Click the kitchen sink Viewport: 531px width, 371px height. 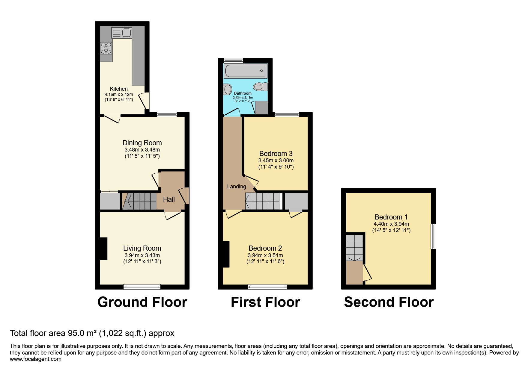pyautogui.click(x=121, y=32)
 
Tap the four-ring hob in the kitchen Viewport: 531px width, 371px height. pyautogui.click(x=106, y=48)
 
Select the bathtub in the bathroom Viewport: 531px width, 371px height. pyautogui.click(x=245, y=71)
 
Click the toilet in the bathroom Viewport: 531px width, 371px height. pyautogui.click(x=260, y=87)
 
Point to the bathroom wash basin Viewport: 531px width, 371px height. pyautogui.click(x=228, y=89)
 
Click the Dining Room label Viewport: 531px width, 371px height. pyautogui.click(x=142, y=143)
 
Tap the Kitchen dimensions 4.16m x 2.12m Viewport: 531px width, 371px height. pyautogui.click(x=119, y=94)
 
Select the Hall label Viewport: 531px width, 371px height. pyautogui.click(x=169, y=199)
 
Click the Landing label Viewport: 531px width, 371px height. pyautogui.click(x=236, y=187)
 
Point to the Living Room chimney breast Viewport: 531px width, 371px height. pyautogui.click(x=103, y=249)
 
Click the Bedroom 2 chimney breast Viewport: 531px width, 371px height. pyautogui.click(x=226, y=254)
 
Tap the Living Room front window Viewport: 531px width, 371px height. pyautogui.click(x=142, y=287)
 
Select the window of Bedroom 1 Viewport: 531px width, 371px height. pyautogui.click(x=433, y=236)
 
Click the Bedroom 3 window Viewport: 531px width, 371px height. pyautogui.click(x=287, y=114)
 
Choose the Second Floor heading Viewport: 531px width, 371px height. pyautogui.click(x=389, y=302)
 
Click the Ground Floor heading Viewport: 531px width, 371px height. pyautogui.click(x=142, y=302)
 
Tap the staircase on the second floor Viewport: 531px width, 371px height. pyautogui.click(x=355, y=247)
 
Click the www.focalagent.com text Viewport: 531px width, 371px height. pyautogui.click(x=36, y=359)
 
